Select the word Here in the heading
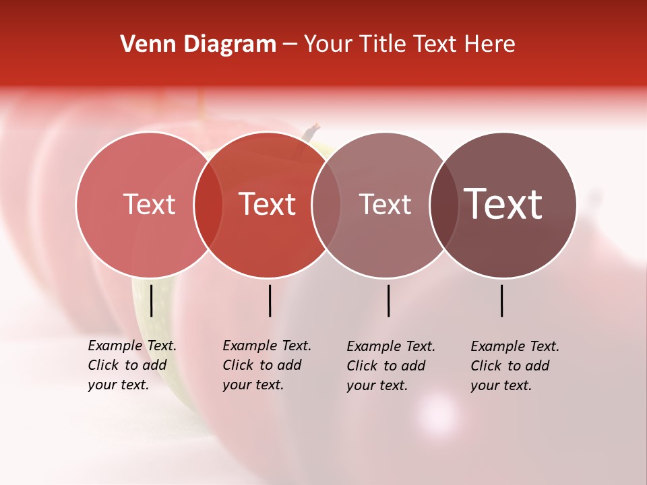click(x=491, y=44)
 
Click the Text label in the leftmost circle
click(x=149, y=204)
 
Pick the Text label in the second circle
click(x=268, y=204)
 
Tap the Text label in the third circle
click(x=385, y=204)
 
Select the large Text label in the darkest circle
click(x=503, y=204)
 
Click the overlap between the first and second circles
click(x=208, y=204)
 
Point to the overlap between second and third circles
click(x=326, y=204)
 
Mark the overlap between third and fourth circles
click(x=444, y=204)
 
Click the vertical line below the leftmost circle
click(x=151, y=300)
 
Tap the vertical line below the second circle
click(x=270, y=300)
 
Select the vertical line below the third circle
click(x=388, y=300)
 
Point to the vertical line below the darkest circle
click(x=501, y=300)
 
